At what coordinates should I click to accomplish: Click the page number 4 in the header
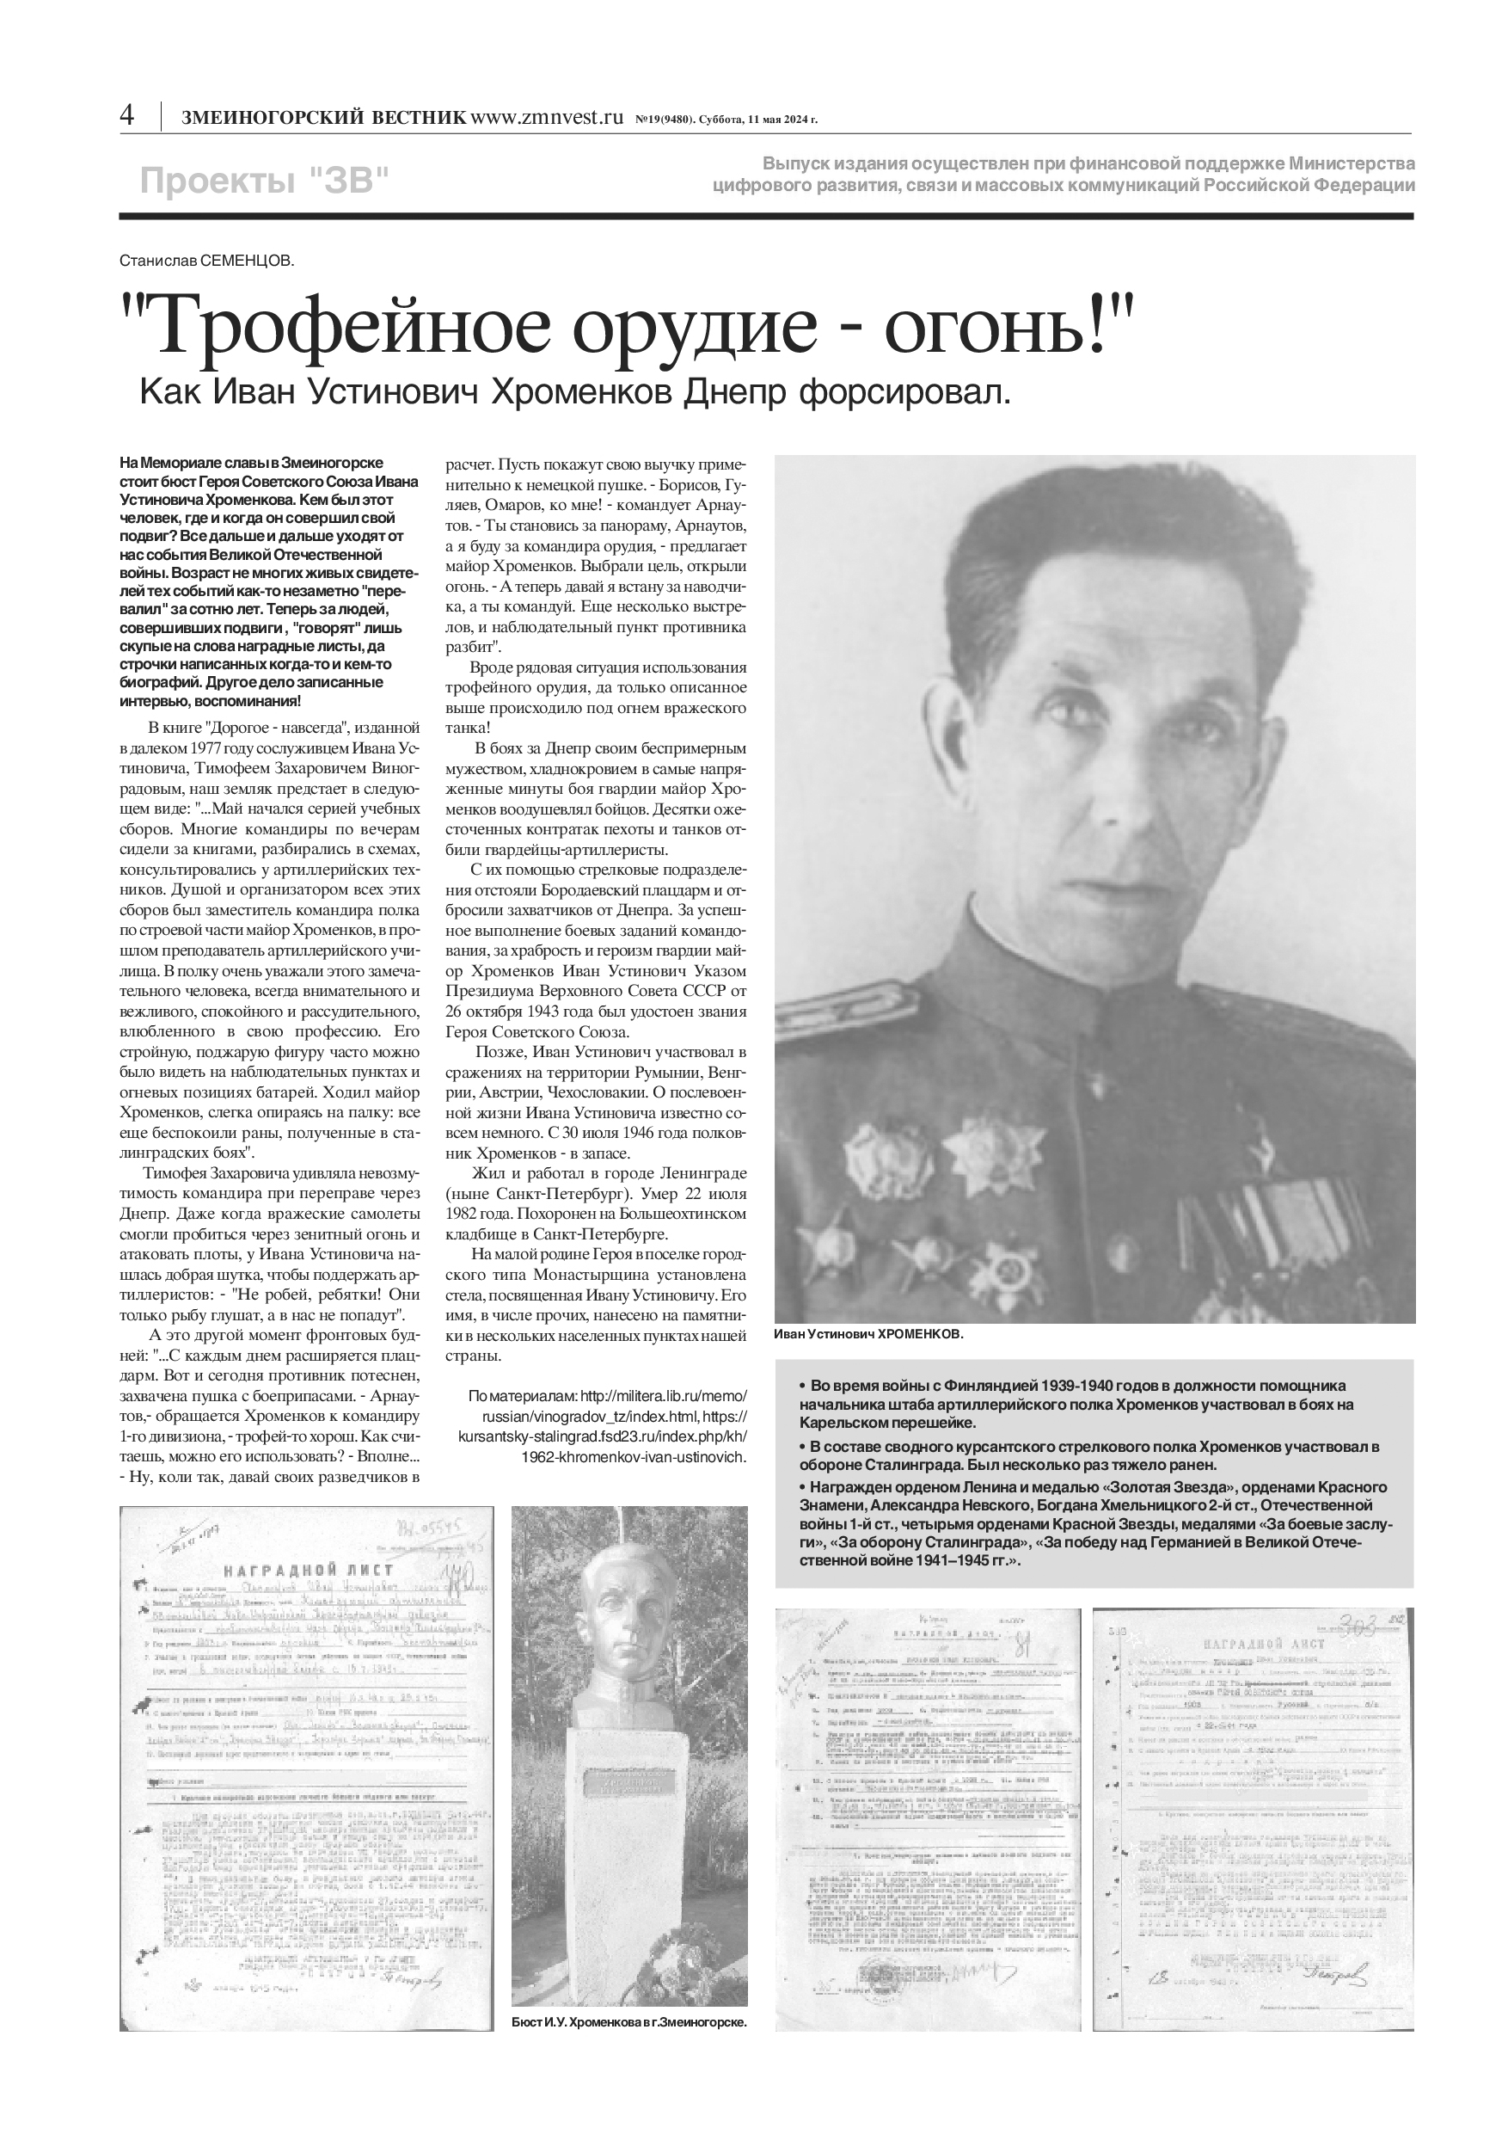click(127, 115)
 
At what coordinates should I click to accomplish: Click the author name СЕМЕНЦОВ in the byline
click(247, 261)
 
